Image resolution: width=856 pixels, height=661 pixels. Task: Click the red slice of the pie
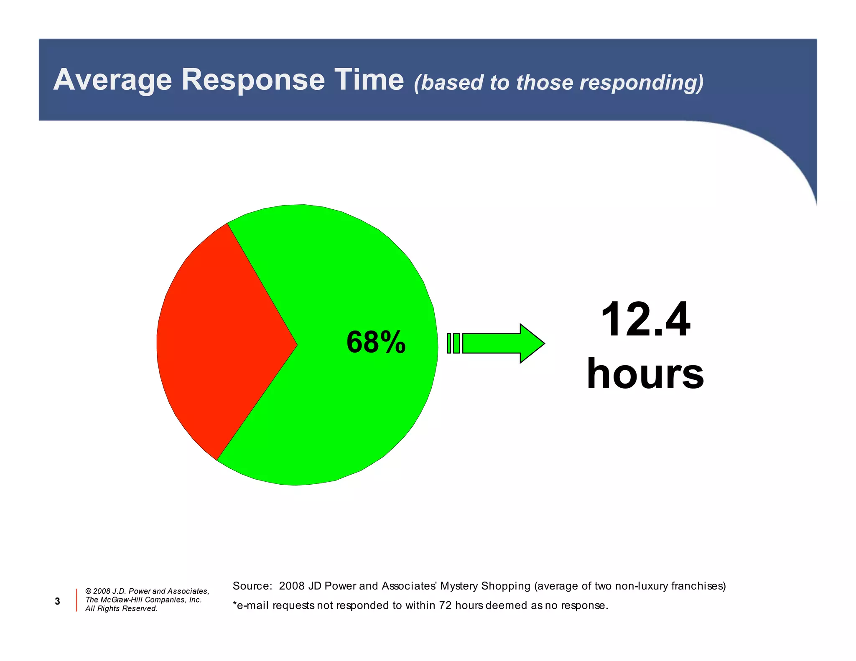(217, 343)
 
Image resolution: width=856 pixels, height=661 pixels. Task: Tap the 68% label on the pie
(376, 342)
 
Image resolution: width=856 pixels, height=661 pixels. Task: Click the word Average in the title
(113, 80)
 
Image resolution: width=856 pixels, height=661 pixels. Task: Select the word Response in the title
(253, 80)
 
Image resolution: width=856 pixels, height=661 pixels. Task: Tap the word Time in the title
(369, 80)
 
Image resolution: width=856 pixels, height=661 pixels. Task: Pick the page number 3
(57, 601)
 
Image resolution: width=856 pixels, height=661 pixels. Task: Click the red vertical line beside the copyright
(76, 600)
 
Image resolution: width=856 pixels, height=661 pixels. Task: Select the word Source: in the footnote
(252, 586)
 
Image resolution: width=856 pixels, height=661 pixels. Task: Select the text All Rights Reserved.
(121, 608)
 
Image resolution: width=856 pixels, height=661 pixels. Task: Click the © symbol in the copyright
(88, 591)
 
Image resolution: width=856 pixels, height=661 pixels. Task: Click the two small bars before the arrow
(453, 343)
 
